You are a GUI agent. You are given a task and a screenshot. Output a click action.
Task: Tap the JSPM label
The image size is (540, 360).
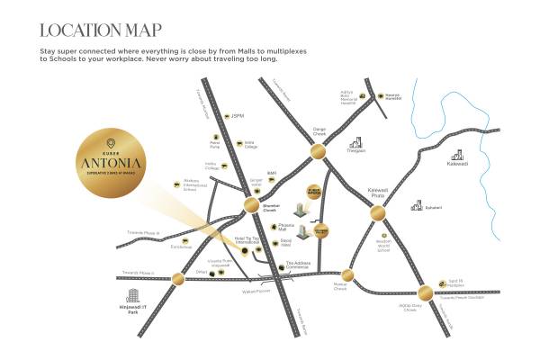pos(238,115)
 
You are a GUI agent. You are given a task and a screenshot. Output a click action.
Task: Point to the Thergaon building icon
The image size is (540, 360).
pos(356,141)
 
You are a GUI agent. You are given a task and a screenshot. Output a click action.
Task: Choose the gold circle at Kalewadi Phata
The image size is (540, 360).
pos(377,213)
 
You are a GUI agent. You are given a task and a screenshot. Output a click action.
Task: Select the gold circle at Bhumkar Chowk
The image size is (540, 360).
pos(250,206)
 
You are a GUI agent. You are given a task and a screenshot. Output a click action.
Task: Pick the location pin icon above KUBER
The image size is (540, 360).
pos(110,142)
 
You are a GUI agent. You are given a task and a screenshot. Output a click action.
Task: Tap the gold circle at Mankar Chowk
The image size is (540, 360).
pos(347,275)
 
